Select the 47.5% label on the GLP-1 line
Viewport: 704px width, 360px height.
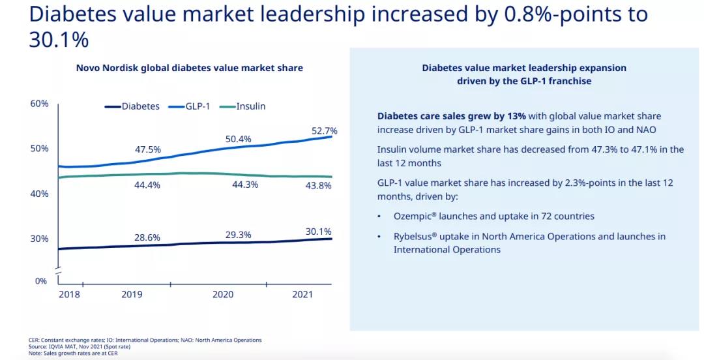pyautogui.click(x=147, y=149)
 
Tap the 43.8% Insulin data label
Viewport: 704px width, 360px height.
pyautogui.click(x=318, y=185)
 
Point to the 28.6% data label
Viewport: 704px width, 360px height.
pyautogui.click(x=147, y=237)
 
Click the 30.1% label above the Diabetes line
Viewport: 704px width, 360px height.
pyautogui.click(x=318, y=232)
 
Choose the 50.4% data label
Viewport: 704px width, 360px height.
pyautogui.click(x=238, y=139)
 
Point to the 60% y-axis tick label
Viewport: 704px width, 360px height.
pyautogui.click(x=40, y=104)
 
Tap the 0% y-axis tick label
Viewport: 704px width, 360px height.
pyautogui.click(x=41, y=281)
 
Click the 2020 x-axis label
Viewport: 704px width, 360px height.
pyautogui.click(x=223, y=295)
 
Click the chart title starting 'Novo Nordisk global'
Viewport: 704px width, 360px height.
pyautogui.click(x=190, y=68)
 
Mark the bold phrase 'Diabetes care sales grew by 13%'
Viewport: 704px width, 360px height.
pyautogui.click(x=451, y=116)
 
